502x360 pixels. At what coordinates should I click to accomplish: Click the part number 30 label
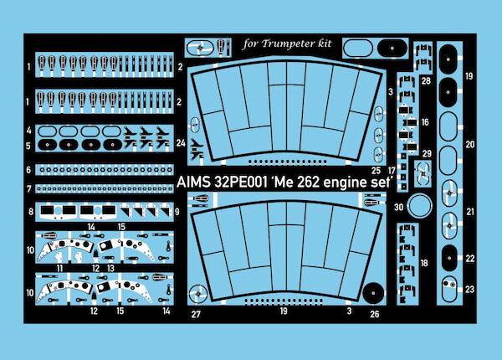click(400, 207)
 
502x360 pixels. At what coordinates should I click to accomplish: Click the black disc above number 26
click(374, 293)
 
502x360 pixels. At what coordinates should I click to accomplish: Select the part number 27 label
click(196, 315)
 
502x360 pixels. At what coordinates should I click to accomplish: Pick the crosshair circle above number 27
click(197, 293)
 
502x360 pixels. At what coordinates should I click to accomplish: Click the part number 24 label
click(182, 143)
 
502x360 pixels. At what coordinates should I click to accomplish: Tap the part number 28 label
click(426, 80)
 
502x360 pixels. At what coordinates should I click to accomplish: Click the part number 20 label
click(469, 144)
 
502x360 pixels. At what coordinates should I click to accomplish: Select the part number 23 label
click(469, 289)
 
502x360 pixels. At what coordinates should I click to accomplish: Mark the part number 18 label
click(426, 264)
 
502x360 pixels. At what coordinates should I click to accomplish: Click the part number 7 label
click(28, 188)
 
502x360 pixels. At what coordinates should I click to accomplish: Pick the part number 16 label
click(426, 122)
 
